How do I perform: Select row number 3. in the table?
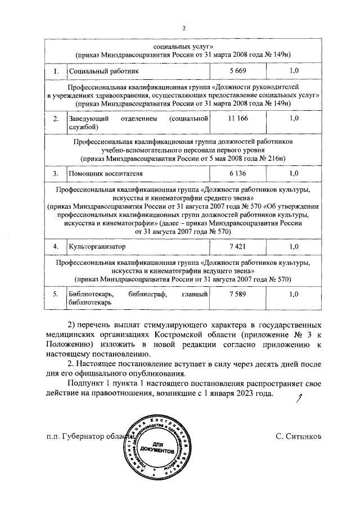click(56, 173)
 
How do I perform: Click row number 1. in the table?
click(56, 71)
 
